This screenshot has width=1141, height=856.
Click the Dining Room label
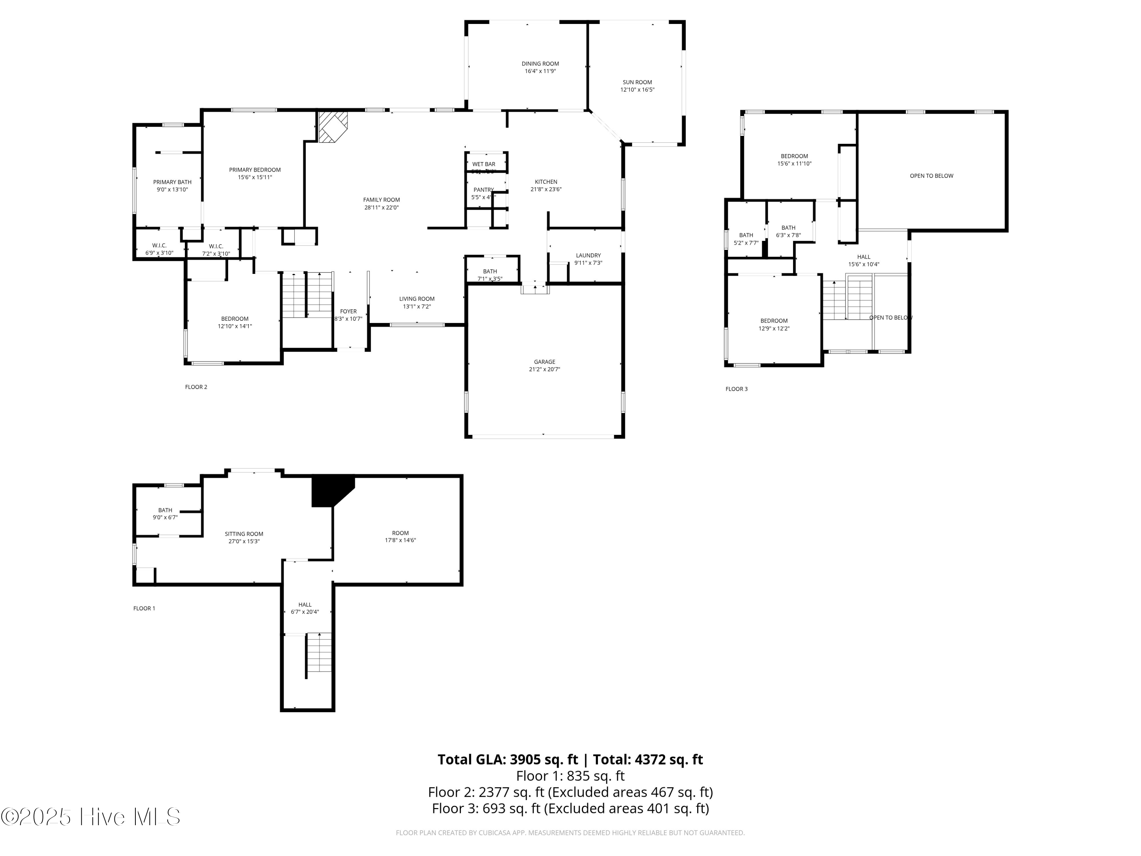(540, 64)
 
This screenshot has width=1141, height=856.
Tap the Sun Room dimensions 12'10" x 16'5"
(637, 90)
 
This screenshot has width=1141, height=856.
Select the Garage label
(544, 362)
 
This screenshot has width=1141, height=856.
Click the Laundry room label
(588, 255)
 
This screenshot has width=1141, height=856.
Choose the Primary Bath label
(172, 182)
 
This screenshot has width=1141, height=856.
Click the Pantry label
(483, 190)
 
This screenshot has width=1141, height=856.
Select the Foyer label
(348, 312)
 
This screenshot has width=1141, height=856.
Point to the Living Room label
(417, 299)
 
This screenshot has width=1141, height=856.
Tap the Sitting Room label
(244, 534)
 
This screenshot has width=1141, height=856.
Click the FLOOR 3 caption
(736, 389)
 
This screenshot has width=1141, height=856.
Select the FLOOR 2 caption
(196, 387)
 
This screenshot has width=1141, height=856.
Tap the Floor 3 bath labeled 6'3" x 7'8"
(788, 232)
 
